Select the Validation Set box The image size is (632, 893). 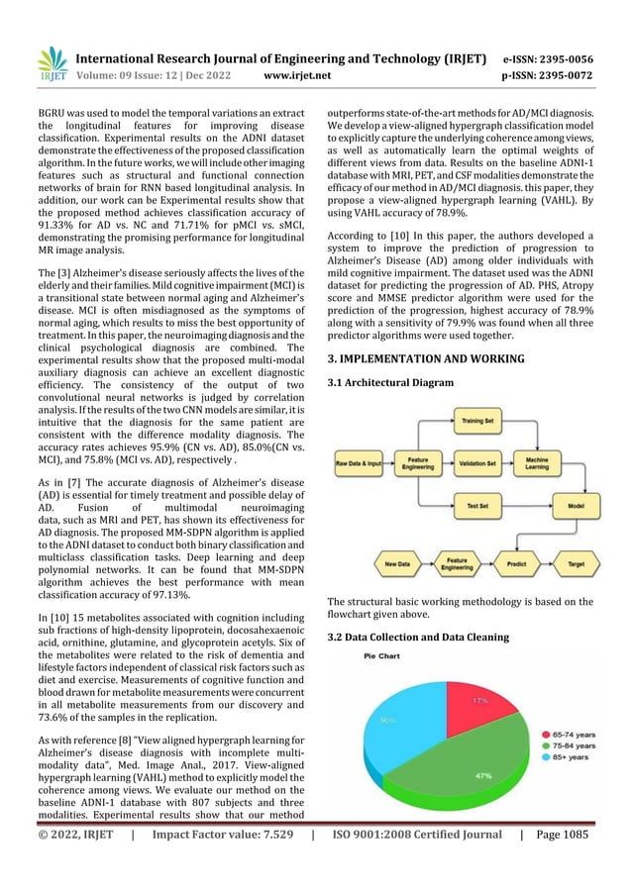[479, 461]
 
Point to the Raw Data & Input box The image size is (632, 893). [358, 462]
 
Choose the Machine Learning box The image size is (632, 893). [565, 461]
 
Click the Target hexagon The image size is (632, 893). [575, 565]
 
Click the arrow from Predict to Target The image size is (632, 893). [548, 565]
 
